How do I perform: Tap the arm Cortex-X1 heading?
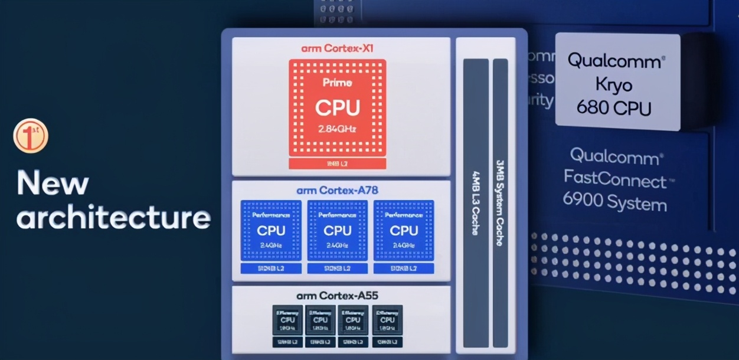click(x=337, y=48)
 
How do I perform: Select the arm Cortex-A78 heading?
click(x=337, y=190)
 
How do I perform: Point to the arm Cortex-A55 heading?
click(x=337, y=295)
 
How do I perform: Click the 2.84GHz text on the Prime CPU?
click(x=337, y=129)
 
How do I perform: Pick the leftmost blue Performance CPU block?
click(x=271, y=231)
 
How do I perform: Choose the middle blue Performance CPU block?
click(x=338, y=231)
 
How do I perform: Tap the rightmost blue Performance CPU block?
click(x=404, y=231)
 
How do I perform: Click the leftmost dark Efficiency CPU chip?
click(x=287, y=320)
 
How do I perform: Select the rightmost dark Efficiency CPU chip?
click(x=387, y=320)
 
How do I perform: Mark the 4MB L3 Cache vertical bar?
click(x=475, y=203)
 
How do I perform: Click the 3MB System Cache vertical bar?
click(x=500, y=203)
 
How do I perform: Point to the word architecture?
click(x=113, y=217)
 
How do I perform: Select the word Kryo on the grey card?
click(x=614, y=85)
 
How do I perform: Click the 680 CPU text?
click(x=614, y=109)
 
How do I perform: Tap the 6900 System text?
click(x=614, y=203)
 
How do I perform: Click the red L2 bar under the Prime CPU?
click(x=337, y=163)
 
